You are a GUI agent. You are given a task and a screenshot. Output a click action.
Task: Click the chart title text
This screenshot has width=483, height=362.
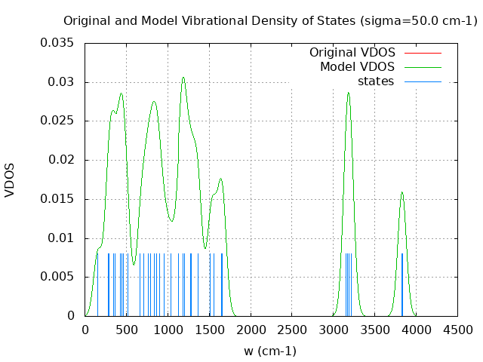point(269,21)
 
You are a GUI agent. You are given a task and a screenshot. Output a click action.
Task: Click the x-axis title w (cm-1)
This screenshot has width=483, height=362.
point(269,351)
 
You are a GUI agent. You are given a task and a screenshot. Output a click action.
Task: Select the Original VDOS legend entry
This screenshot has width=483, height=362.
point(352,53)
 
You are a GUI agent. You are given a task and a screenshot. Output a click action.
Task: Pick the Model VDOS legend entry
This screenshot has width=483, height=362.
point(357,67)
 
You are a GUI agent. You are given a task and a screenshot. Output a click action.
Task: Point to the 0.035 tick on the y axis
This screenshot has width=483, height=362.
point(59,43)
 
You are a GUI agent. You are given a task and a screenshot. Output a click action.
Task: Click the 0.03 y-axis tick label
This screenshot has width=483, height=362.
point(62,82)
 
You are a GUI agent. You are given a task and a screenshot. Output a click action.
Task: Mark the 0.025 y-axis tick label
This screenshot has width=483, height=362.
point(59,121)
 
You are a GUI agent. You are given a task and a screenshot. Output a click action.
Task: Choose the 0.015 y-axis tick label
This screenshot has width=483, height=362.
point(59,199)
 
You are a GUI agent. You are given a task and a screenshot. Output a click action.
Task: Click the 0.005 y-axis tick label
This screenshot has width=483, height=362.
point(59,277)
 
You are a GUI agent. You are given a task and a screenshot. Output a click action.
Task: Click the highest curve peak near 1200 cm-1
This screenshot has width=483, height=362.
point(183,77)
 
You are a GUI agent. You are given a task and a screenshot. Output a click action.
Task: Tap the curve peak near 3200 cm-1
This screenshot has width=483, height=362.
point(348,93)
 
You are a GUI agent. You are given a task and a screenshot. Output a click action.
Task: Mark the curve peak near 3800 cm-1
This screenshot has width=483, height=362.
point(401,192)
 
